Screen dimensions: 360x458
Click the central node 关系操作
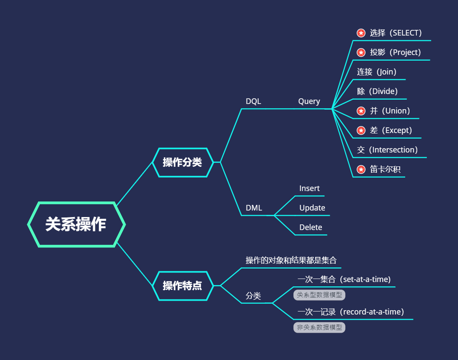click(x=76, y=224)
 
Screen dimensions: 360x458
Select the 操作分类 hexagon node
click(x=182, y=162)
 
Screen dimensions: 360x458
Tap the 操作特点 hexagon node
click(x=182, y=285)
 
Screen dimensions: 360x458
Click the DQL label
click(x=253, y=101)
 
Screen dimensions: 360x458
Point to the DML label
click(x=254, y=208)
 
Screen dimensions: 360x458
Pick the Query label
click(x=309, y=101)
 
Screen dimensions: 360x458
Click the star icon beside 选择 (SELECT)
click(x=361, y=33)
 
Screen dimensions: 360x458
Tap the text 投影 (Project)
click(x=395, y=52)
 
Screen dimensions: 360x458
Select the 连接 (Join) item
click(x=377, y=72)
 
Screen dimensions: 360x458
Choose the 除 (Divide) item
click(x=377, y=91)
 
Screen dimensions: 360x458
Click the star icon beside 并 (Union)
click(x=361, y=111)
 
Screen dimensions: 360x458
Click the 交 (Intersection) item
click(x=387, y=150)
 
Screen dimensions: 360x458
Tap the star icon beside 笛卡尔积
click(x=361, y=169)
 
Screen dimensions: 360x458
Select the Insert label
click(x=309, y=188)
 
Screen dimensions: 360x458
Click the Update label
click(x=312, y=208)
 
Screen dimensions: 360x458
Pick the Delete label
click(x=311, y=227)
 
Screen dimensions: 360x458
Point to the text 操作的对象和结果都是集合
click(x=291, y=260)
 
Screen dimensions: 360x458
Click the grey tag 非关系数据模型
click(x=319, y=328)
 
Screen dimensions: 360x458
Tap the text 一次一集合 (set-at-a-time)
click(x=344, y=279)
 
